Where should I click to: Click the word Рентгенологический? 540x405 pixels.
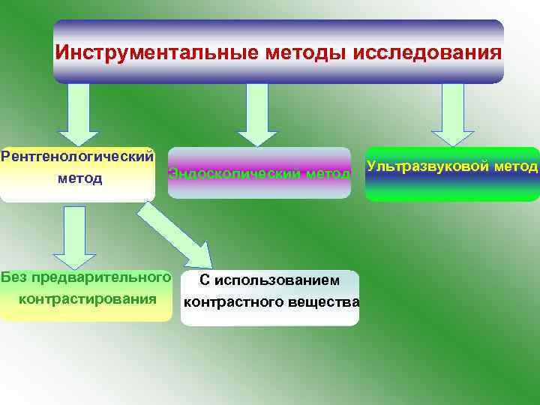click(77, 157)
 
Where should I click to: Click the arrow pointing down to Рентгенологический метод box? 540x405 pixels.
click(79, 112)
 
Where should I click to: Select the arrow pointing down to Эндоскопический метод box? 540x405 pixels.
click(257, 112)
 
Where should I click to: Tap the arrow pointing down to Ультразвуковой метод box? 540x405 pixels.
click(452, 112)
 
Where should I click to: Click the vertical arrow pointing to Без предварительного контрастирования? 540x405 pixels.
click(74, 236)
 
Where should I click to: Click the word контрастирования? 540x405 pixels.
click(87, 298)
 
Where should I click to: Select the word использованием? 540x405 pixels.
click(277, 280)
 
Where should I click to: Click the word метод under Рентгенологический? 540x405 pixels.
click(79, 179)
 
